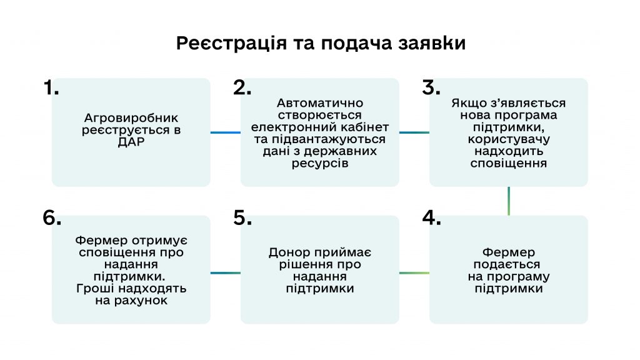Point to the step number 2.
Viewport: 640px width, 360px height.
coord(242,87)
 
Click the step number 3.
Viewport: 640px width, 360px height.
coord(431,87)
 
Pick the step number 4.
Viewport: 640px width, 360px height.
coord(431,217)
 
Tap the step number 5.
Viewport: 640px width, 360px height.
coord(242,217)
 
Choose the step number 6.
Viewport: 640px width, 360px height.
coord(52,217)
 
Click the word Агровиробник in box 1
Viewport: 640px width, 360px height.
coord(131,118)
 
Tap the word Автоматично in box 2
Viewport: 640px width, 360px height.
coord(320,102)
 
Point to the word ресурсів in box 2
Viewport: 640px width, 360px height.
coord(320,163)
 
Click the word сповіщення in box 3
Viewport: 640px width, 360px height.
coord(509,163)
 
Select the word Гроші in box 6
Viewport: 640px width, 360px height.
coord(96,289)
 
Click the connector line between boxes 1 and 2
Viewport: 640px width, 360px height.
coord(225,132)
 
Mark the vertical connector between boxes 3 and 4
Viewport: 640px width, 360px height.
coord(509,201)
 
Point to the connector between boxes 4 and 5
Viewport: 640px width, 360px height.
coord(414,273)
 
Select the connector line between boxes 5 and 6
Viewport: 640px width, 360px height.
coord(225,273)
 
